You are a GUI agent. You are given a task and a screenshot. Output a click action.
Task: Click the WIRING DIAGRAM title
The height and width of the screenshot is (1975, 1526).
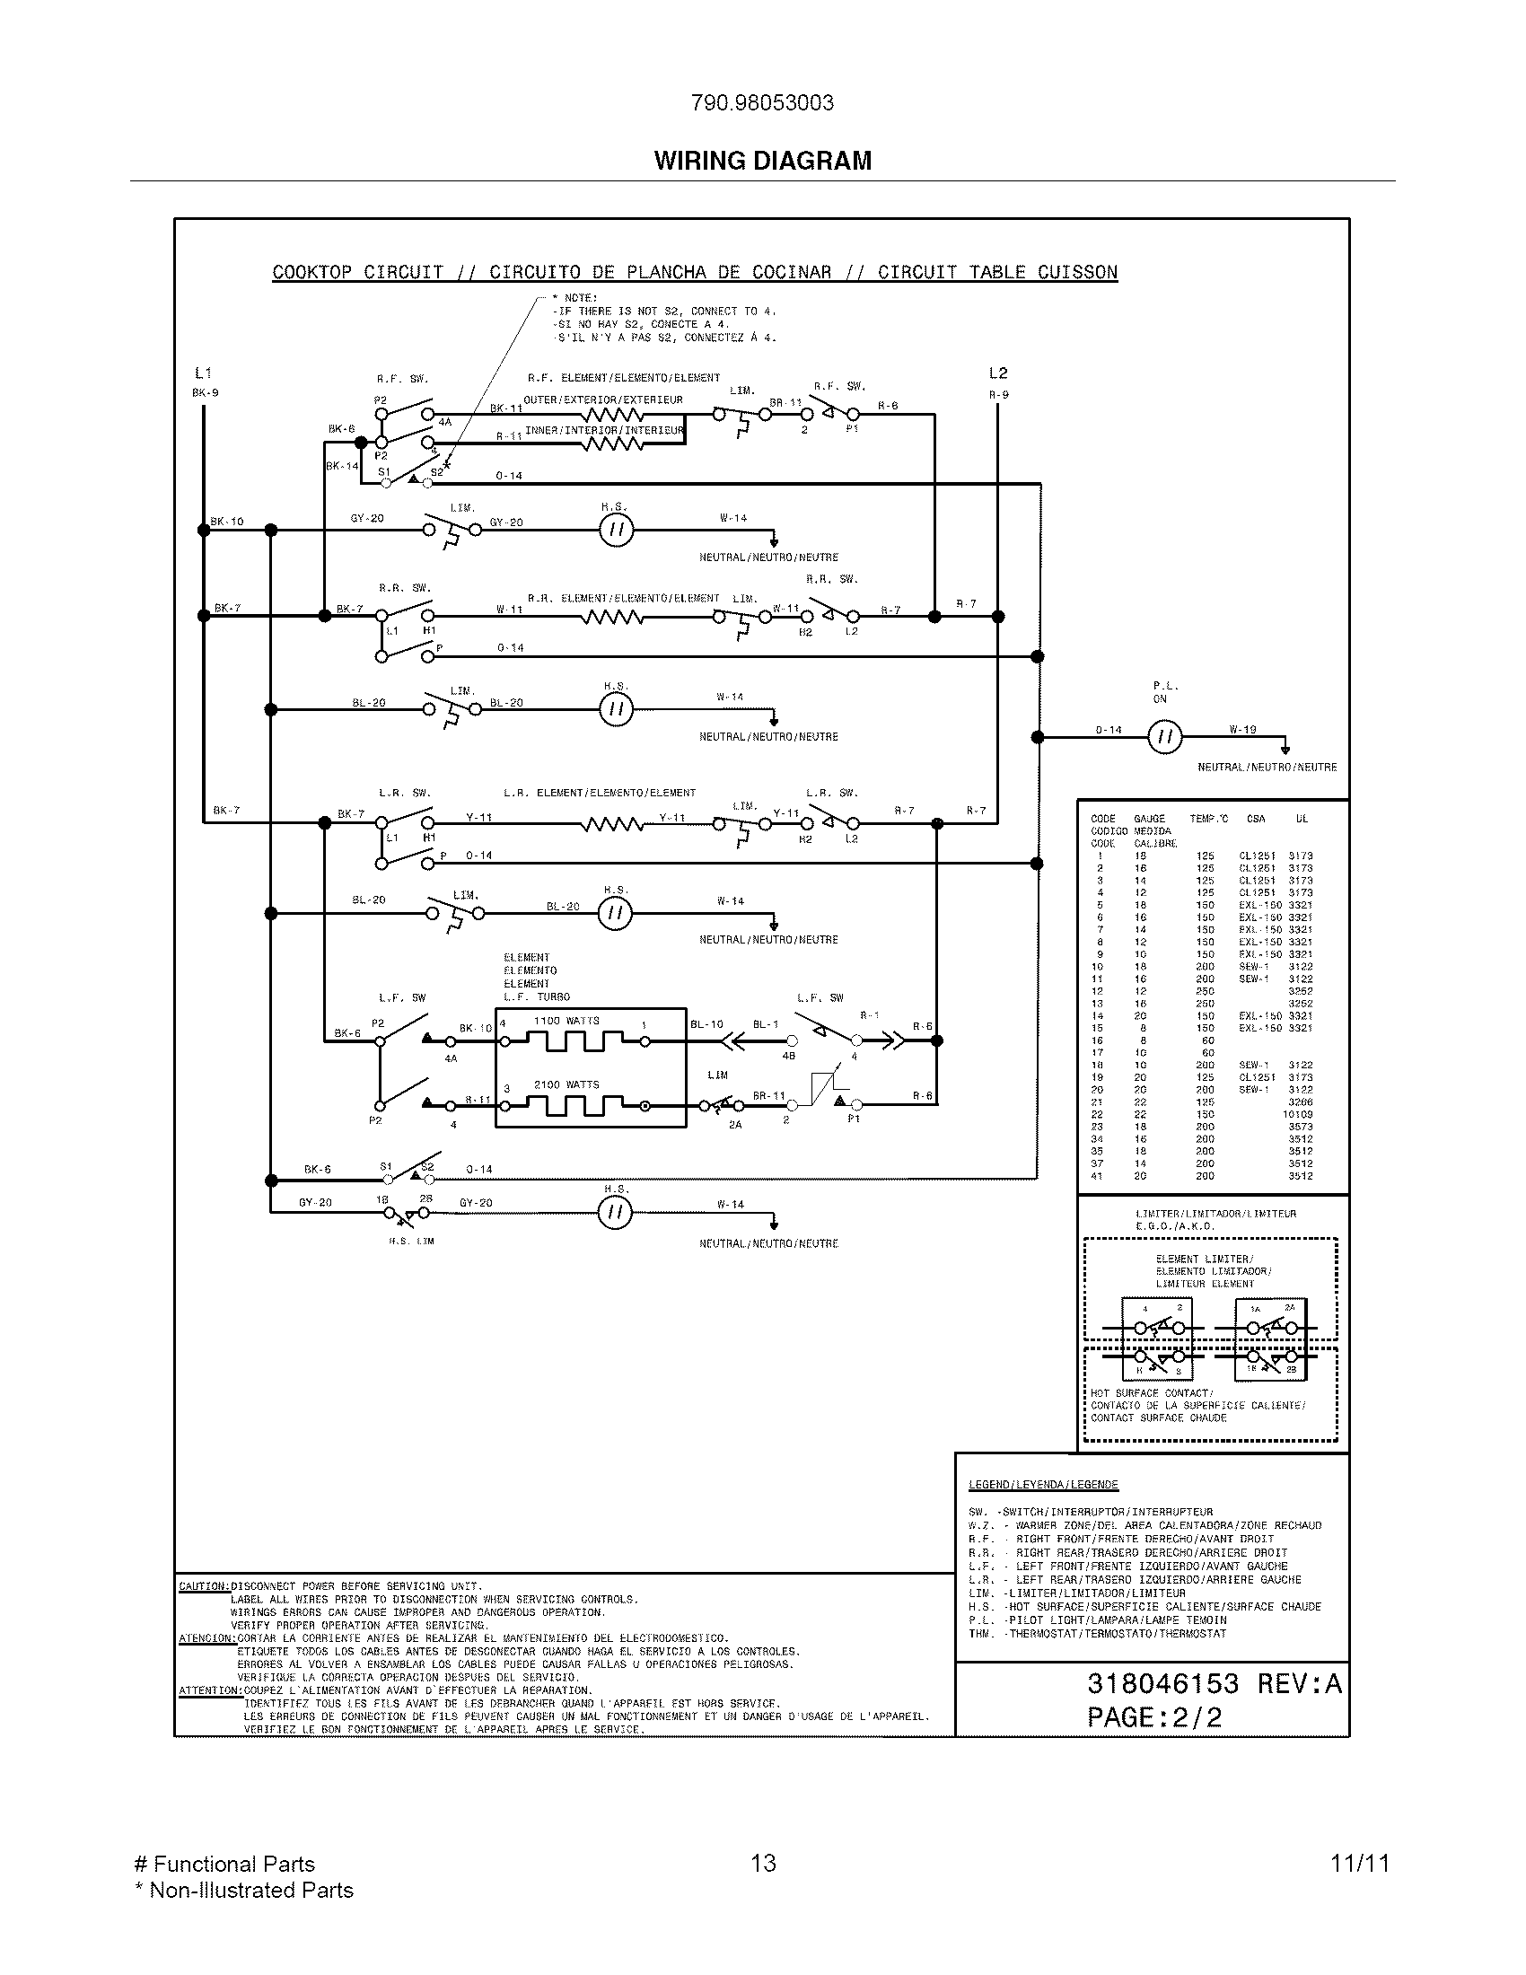[762, 161]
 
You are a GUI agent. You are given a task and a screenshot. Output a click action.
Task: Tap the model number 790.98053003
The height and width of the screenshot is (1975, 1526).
[762, 103]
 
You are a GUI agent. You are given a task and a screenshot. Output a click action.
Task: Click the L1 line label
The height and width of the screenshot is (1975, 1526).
[204, 373]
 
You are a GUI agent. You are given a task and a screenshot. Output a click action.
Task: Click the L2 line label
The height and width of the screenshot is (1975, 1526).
[997, 373]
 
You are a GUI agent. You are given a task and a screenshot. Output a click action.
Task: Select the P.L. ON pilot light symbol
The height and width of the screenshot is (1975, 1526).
[1164, 738]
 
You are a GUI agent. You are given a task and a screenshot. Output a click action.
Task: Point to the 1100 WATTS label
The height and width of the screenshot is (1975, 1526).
[566, 1021]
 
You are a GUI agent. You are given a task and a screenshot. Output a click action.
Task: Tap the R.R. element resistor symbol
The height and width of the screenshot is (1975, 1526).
[613, 618]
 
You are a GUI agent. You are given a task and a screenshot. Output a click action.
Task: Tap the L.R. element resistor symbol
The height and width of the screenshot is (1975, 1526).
[613, 824]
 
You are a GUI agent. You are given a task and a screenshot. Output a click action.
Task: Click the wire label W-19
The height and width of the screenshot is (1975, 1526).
[1242, 729]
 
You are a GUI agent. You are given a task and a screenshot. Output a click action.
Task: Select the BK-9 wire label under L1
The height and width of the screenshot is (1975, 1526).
[206, 393]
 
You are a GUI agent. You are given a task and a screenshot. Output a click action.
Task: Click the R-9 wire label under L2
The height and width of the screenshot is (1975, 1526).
[998, 394]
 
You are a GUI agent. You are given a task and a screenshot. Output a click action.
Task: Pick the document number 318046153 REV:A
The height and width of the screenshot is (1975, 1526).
[1215, 1683]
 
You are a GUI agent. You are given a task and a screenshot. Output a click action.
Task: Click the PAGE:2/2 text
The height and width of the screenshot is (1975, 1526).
[1153, 1717]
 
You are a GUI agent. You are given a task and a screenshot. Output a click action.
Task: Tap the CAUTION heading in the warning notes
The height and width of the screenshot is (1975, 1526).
[205, 1585]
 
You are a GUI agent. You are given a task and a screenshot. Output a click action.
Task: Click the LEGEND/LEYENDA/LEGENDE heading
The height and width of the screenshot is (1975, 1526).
[1042, 1484]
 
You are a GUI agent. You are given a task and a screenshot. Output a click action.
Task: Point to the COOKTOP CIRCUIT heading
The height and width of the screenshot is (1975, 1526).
[694, 272]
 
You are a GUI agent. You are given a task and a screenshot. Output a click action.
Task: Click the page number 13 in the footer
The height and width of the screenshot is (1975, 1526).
[763, 1863]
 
